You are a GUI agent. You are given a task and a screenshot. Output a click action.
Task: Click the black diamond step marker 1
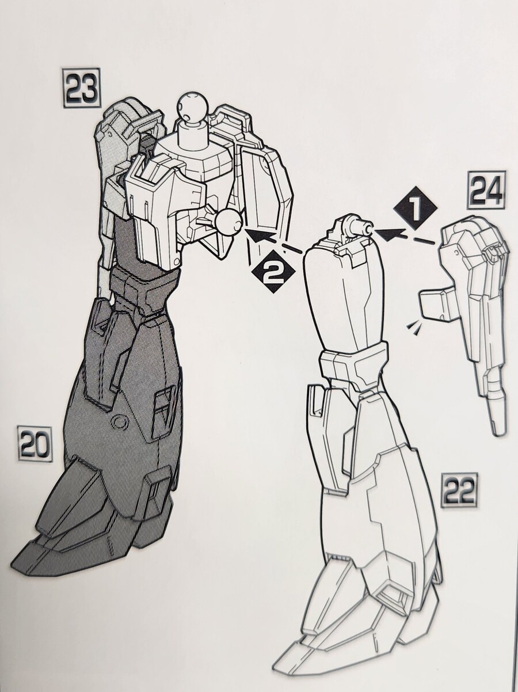pyautogui.click(x=416, y=210)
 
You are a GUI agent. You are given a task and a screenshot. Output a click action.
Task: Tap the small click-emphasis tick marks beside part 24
pyautogui.click(x=414, y=326)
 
